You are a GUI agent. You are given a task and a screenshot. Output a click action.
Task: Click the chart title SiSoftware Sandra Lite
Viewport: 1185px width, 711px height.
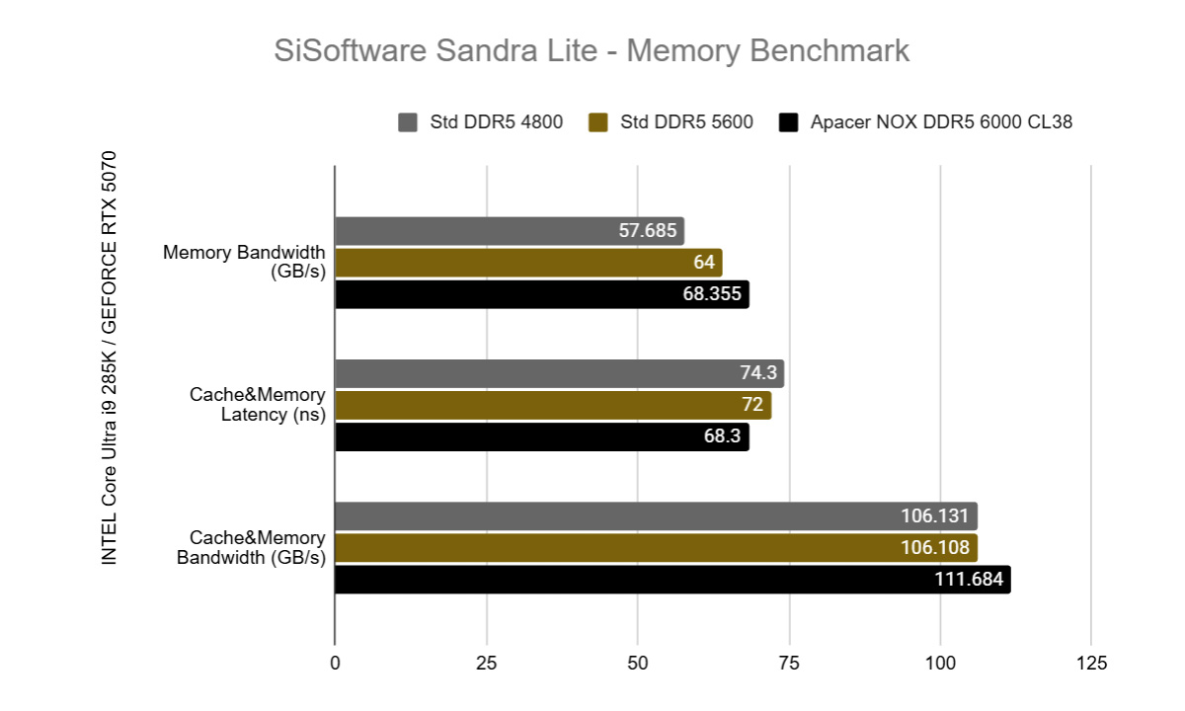tap(592, 51)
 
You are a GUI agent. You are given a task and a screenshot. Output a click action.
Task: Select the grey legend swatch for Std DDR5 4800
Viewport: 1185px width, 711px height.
tap(407, 122)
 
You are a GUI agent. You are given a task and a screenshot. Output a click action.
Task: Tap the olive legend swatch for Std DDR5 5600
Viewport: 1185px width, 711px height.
tap(596, 122)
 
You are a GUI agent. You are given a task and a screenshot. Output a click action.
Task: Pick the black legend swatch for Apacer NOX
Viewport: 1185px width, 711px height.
tap(787, 122)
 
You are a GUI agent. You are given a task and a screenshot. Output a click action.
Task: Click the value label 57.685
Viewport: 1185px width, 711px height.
tap(647, 232)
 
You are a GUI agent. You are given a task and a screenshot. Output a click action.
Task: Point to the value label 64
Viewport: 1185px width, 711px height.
tap(702, 264)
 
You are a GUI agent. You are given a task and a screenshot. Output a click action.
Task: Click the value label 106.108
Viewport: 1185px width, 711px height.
tap(936, 548)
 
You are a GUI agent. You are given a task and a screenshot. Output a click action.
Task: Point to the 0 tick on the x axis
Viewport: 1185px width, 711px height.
tap(335, 662)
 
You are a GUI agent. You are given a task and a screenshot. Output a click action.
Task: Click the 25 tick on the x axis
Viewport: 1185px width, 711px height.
tap(486, 662)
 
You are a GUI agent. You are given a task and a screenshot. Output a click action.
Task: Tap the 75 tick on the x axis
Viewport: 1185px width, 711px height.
tap(789, 662)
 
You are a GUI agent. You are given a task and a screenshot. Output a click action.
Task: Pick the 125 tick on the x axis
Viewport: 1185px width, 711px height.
tap(1091, 662)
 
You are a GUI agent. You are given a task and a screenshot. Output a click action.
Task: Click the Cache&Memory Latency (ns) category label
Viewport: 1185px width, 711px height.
tap(257, 405)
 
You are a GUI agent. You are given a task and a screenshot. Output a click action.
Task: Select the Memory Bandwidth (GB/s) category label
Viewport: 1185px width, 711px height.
tap(244, 263)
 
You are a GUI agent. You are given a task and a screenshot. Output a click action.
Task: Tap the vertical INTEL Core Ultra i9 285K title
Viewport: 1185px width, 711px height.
tap(110, 357)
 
